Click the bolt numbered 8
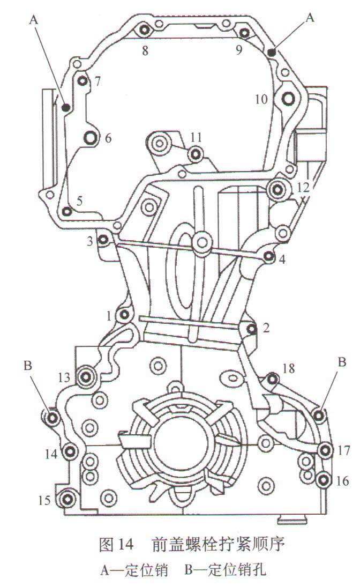145,29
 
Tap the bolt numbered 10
288,99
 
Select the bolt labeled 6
91,138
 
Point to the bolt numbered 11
196,153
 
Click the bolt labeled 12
277,190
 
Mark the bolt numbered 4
268,257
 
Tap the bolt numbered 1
124,315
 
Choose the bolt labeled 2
252,329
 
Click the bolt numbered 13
86,377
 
